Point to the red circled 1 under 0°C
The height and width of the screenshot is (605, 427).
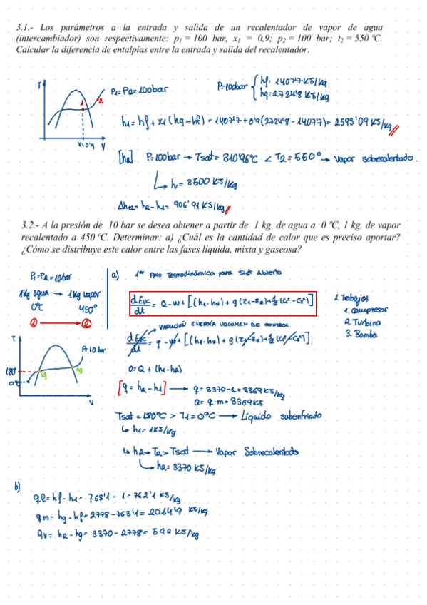tap(34, 322)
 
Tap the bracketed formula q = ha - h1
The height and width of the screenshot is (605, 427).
tap(140, 389)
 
